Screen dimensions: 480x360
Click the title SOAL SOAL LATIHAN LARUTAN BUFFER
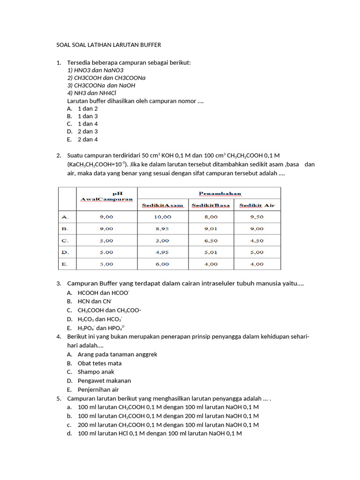click(x=108, y=45)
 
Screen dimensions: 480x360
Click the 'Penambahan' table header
click(x=220, y=193)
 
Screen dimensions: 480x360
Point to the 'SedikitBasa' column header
click(x=211, y=205)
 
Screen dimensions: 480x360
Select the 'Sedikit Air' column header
click(x=257, y=205)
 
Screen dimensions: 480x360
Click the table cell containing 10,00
click(x=163, y=217)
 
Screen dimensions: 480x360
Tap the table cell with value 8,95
click(x=162, y=229)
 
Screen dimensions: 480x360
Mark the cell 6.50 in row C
click(x=211, y=240)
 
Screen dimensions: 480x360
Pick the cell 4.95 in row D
click(x=162, y=252)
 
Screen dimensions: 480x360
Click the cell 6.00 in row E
click(x=162, y=264)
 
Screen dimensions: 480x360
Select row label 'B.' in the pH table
click(x=65, y=229)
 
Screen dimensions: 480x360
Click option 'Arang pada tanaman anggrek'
click(x=117, y=354)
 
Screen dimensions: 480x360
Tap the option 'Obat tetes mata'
click(x=99, y=363)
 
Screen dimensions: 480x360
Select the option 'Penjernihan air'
click(x=98, y=390)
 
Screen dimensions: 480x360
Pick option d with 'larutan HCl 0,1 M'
click(x=159, y=434)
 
